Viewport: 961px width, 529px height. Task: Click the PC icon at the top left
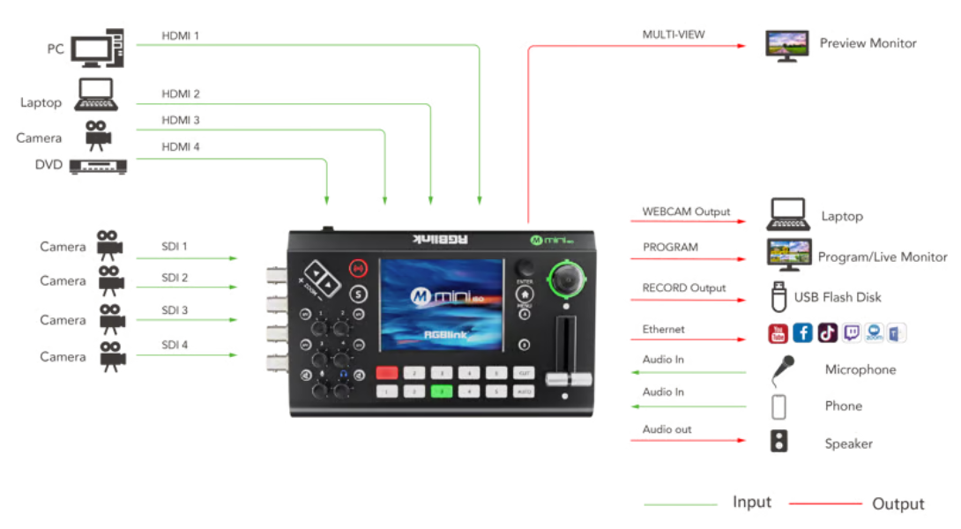click(97, 48)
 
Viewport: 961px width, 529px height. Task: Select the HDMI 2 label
click(181, 93)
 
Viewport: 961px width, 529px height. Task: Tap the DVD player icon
click(98, 165)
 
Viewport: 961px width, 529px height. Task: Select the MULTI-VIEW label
click(674, 35)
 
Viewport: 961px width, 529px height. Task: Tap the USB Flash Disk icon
click(778, 296)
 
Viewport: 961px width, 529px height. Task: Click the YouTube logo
click(778, 332)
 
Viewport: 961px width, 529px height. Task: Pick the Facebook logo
click(802, 332)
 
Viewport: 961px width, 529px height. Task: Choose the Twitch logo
click(852, 332)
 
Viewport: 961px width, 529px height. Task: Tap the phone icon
click(778, 406)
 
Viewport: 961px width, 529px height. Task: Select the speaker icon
click(779, 441)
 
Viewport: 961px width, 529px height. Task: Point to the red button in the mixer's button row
click(386, 373)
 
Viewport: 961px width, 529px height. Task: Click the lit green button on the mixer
click(442, 391)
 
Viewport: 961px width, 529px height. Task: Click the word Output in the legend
click(898, 503)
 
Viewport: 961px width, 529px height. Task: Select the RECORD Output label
click(684, 287)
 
